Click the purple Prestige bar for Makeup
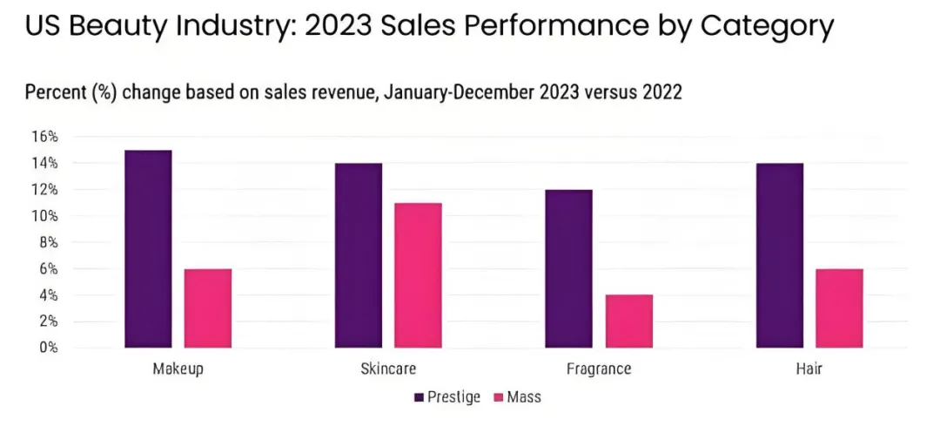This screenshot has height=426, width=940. click(x=148, y=249)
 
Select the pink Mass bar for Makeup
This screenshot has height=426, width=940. click(x=207, y=308)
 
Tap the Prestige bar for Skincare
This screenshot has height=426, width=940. click(x=358, y=255)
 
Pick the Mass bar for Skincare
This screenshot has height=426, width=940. click(x=418, y=275)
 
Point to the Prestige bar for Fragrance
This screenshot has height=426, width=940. click(x=568, y=268)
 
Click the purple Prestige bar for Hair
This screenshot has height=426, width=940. click(x=779, y=255)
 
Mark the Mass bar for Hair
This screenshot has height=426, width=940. click(x=838, y=308)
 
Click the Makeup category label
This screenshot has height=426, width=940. click(x=178, y=369)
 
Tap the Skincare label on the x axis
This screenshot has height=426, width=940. click(x=388, y=369)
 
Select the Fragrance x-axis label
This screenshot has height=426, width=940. click(x=598, y=369)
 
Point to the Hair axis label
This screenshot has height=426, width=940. click(x=809, y=369)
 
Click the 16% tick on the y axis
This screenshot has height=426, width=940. click(x=44, y=137)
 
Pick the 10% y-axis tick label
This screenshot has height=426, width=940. click(x=44, y=216)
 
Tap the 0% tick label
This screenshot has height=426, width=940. click(x=48, y=348)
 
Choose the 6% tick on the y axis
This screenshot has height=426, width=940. click(x=48, y=269)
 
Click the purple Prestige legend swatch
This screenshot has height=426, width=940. click(x=419, y=398)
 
